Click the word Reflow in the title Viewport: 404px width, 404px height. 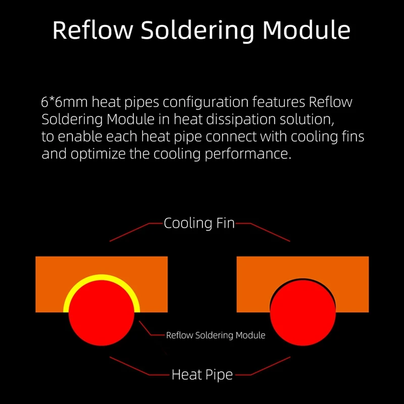click(92, 30)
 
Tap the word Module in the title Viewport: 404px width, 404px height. click(307, 30)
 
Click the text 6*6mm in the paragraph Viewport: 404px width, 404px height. click(64, 102)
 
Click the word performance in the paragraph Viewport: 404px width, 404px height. click(248, 155)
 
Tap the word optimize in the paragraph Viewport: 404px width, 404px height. click(98, 154)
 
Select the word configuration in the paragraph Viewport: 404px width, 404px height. click(206, 103)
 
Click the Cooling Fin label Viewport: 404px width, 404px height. click(199, 223)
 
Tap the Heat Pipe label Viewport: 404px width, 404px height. click(203, 375)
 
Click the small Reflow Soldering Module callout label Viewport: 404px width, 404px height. click(216, 335)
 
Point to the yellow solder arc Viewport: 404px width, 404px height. click(102, 277)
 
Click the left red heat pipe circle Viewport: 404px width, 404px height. click(102, 313)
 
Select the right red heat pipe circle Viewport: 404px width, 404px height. click(303, 313)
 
